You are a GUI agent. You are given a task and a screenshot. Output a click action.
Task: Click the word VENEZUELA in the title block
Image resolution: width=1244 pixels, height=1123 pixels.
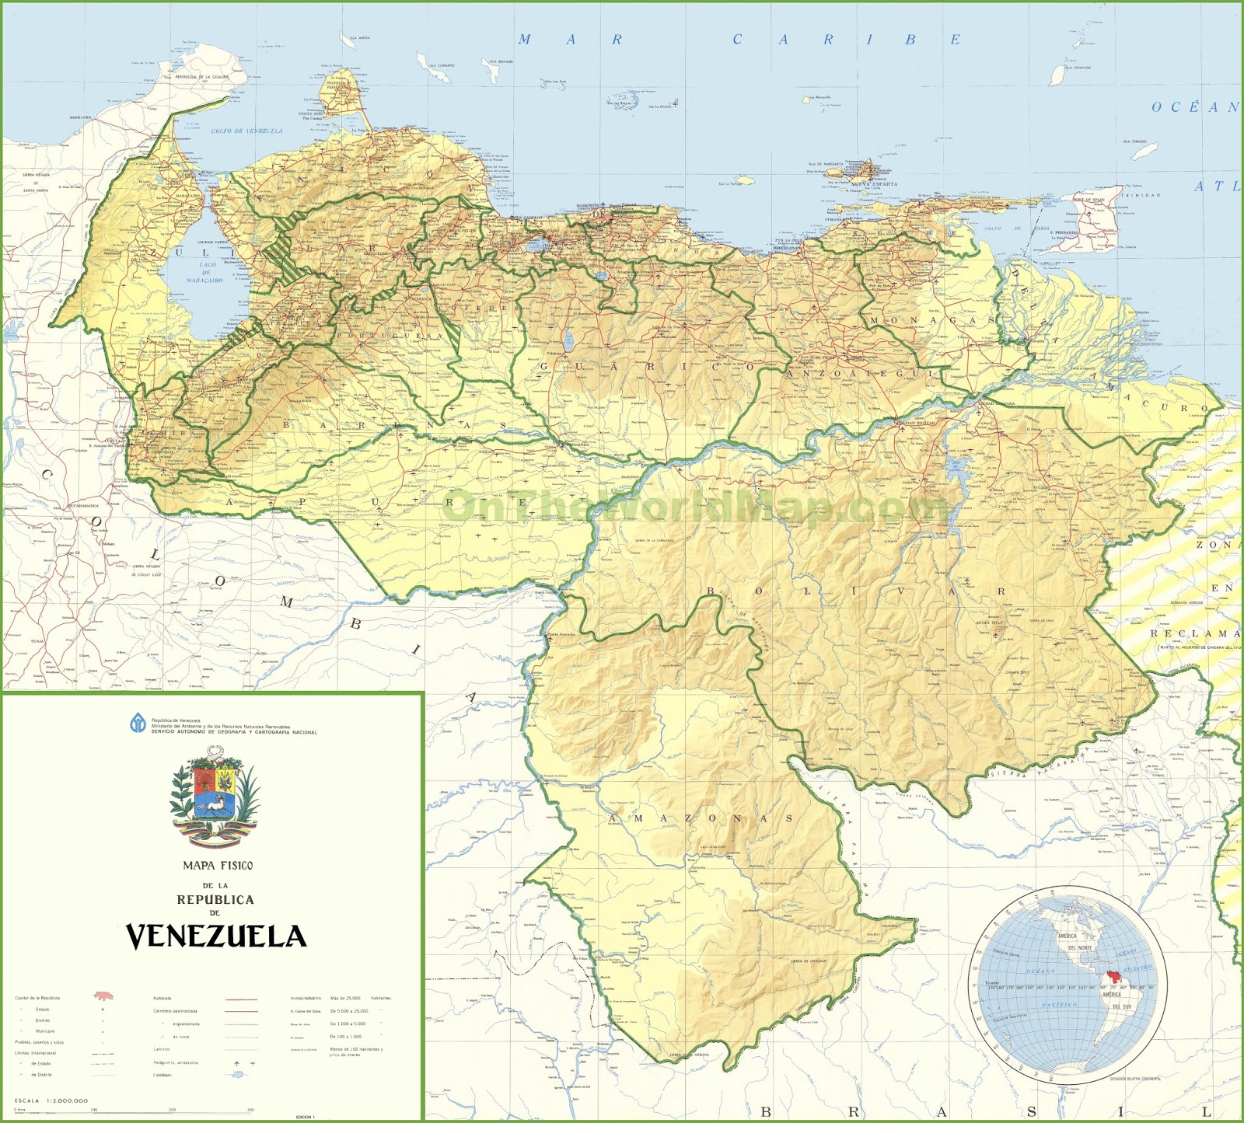point(216,936)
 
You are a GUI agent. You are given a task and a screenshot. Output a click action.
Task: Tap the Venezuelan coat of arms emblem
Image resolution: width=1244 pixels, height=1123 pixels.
point(215,797)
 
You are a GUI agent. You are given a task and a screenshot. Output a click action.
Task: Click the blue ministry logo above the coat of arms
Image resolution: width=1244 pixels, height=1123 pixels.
point(138,724)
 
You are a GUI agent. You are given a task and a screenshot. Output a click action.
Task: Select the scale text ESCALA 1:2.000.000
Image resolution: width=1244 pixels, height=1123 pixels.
point(51,1100)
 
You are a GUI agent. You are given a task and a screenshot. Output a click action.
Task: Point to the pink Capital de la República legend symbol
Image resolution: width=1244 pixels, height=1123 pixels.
point(102,996)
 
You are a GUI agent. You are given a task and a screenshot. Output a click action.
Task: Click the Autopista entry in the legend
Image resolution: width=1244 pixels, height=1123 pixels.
point(162,998)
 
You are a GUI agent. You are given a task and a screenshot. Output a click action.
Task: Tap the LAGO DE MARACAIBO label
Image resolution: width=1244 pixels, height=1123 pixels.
point(206,272)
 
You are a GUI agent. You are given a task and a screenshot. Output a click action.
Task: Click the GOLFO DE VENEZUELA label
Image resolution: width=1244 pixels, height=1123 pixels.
point(247,131)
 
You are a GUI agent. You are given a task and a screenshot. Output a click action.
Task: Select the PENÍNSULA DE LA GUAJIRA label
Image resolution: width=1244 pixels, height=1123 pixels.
point(202,77)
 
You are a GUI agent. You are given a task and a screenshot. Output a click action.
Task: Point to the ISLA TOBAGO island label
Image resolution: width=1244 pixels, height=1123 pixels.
point(1134,141)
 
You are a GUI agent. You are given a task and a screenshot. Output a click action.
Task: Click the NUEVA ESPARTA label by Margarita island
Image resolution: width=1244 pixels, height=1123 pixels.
point(874,185)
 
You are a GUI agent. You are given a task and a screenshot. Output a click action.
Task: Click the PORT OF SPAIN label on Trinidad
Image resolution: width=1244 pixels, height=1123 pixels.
point(1088,200)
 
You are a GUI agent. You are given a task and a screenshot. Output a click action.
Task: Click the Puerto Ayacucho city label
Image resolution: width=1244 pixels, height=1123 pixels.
point(561,634)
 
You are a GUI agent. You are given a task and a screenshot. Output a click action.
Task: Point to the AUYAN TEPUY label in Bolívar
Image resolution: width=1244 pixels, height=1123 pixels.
point(991,623)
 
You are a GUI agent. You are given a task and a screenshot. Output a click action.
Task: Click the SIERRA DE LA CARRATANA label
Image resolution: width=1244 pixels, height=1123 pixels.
point(654,540)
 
